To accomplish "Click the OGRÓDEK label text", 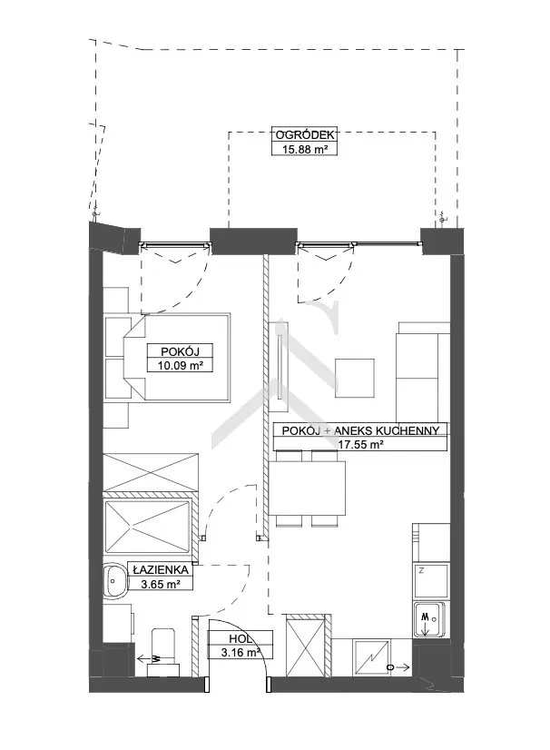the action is pyautogui.click(x=304, y=135).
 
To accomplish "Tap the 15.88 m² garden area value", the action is pyautogui.click(x=304, y=149).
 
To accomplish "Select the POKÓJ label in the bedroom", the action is pyautogui.click(x=180, y=351).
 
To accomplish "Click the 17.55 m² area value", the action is pyautogui.click(x=360, y=444).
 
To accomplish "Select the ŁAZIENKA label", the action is pyautogui.click(x=161, y=570).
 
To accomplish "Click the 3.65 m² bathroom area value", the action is pyautogui.click(x=161, y=584).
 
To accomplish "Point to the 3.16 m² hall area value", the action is pyautogui.click(x=241, y=652).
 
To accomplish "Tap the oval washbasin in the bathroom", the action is pyautogui.click(x=115, y=580).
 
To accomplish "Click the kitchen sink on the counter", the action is pyautogui.click(x=429, y=619).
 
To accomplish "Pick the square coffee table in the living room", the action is pyautogui.click(x=354, y=378).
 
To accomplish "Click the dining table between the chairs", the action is pyautogui.click(x=308, y=488).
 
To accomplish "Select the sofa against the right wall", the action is pyautogui.click(x=423, y=372).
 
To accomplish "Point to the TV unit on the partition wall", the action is pyautogui.click(x=279, y=367).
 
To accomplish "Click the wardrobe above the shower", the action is pyautogui.click(x=151, y=472).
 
